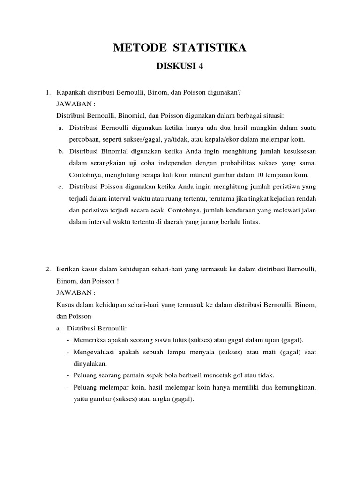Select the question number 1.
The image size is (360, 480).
(x=48, y=92)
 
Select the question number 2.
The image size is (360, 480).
(x=48, y=270)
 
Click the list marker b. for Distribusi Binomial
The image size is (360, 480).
(x=61, y=151)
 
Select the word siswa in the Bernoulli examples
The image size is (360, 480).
(x=158, y=340)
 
